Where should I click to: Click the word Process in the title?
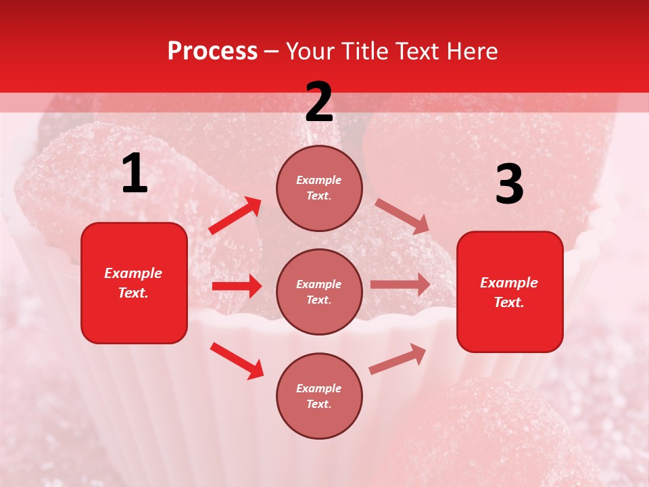coord(212,51)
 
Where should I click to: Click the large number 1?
coord(135,174)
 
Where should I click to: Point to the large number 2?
coord(319,102)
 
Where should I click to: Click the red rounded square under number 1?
coord(134,283)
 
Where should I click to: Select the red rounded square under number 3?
coord(510,292)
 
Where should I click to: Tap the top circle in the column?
coord(319,188)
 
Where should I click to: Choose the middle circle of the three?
coord(319,292)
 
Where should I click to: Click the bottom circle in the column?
coord(319,396)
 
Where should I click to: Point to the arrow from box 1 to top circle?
coord(235,215)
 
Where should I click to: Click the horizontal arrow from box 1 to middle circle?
coord(237,286)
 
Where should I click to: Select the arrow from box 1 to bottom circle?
coord(237,360)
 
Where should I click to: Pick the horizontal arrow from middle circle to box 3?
coord(400,285)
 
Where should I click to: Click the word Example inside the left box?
coord(133,273)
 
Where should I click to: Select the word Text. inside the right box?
coord(509,302)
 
